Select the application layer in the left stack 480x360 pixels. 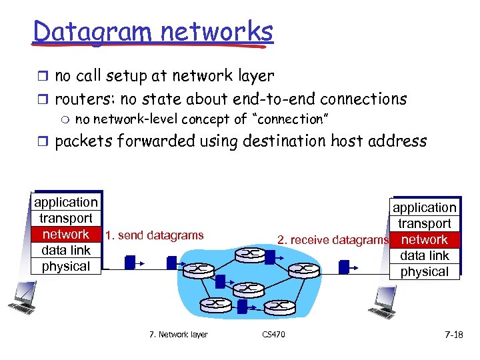(66, 202)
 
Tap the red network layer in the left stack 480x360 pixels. (66, 234)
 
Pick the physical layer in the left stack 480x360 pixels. (66, 266)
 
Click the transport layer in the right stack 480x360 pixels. (425, 223)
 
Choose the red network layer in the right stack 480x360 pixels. (425, 239)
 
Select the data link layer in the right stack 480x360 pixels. (425, 255)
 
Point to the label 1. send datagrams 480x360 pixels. (154, 235)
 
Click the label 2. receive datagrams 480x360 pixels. (333, 240)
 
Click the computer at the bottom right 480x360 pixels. (385, 301)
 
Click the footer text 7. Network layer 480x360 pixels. (178, 335)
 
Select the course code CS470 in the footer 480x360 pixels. (273, 335)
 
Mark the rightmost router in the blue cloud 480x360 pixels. (306, 271)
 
